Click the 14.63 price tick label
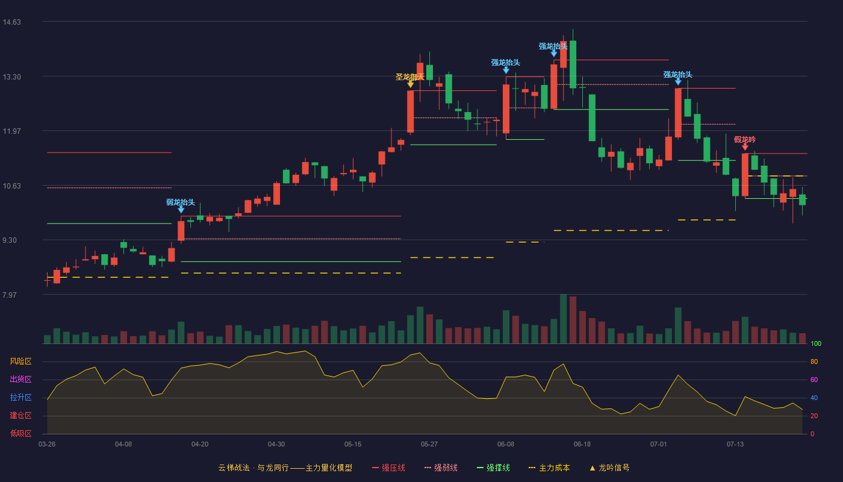coord(11,22)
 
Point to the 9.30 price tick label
coord(10,240)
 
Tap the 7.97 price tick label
coord(10,295)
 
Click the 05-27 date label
coord(429,445)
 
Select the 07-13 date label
coord(735,445)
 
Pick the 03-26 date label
coord(47,445)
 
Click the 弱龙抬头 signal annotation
coord(181,202)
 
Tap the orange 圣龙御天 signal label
coord(410,77)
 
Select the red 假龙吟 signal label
coord(745,140)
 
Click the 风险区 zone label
coord(20,361)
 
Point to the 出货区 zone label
coord(20,379)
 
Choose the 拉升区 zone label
coord(20,397)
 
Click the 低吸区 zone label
coord(20,433)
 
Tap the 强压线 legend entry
coord(388,468)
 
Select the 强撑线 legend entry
coord(493,468)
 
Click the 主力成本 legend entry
coord(549,468)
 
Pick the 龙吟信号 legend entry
coord(609,468)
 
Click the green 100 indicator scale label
coord(816,343)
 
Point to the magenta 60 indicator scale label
coord(814,380)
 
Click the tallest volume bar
coord(564,319)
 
